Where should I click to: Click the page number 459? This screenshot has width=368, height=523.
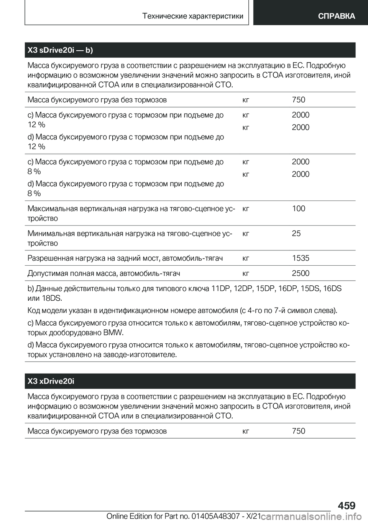(x=347, y=505)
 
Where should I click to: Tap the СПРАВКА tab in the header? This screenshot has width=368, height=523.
(x=336, y=16)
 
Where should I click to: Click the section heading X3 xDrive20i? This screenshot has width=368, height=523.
(x=51, y=381)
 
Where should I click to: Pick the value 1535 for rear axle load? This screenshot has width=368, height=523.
(x=301, y=258)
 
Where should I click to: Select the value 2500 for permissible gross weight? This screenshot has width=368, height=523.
(x=301, y=273)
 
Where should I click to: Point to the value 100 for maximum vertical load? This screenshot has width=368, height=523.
(x=298, y=209)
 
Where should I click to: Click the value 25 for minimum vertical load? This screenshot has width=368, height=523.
(x=296, y=233)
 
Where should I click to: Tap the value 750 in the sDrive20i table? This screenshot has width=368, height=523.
(x=298, y=100)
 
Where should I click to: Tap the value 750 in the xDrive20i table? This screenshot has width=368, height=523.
(x=298, y=431)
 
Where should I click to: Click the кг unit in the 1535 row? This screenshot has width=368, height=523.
(x=246, y=258)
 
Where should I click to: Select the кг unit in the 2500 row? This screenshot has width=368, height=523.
(x=246, y=273)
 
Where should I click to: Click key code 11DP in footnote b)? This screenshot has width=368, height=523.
(x=222, y=288)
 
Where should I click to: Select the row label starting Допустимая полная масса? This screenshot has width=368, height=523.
(x=104, y=273)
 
